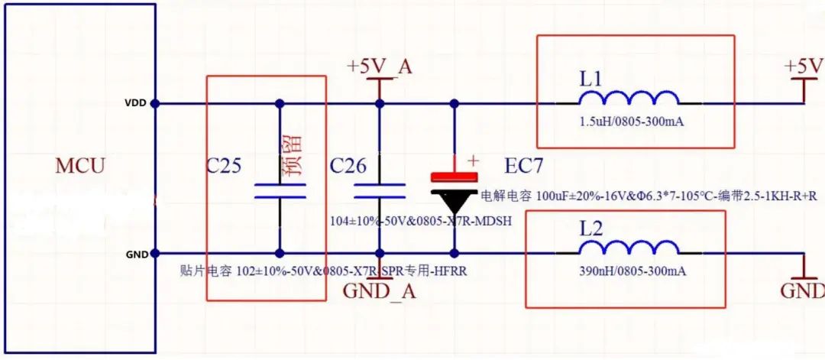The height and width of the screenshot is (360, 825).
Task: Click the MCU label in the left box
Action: coord(80,166)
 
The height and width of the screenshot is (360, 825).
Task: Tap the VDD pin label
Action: coord(136,102)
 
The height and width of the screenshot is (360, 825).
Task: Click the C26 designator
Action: coord(348,166)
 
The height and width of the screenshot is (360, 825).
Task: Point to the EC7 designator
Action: coord(525,166)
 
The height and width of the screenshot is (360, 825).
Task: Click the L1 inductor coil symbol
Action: coord(628,99)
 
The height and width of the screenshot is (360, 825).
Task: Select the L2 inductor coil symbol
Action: coord(628,249)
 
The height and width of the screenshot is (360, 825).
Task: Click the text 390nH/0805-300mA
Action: coord(628,272)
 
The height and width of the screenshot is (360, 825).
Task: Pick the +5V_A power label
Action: coord(380,66)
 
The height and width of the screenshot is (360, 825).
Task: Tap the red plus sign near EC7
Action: coord(473,161)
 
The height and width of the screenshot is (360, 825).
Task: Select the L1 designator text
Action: coord(591,78)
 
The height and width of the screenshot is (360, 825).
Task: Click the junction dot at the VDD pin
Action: coord(155,102)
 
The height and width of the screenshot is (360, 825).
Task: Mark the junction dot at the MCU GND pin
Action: coord(155,253)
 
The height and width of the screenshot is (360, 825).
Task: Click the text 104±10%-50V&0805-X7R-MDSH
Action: coord(420,221)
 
